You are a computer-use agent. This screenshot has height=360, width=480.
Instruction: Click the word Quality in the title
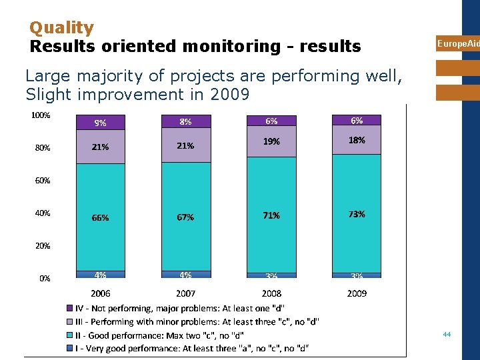coord(62,28)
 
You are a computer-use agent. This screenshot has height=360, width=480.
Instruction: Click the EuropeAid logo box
coord(457,43)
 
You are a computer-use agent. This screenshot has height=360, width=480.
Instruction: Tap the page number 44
coord(447,334)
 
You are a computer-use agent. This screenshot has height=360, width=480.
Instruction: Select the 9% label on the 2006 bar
coord(101,123)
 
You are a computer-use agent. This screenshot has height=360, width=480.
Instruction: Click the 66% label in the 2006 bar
coord(101,217)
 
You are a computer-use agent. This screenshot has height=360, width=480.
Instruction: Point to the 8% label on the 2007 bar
coord(185,121)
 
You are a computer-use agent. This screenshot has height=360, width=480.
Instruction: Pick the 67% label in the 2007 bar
coord(185,217)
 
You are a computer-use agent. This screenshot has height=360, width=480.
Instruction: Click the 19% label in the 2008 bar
coord(271,141)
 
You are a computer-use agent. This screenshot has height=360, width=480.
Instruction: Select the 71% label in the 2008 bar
coord(271,215)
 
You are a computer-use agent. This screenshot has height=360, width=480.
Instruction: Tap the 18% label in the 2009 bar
coord(357,141)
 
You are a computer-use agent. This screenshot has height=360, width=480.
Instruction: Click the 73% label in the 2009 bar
coord(357,214)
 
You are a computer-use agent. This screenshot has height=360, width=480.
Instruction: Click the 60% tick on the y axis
coord(42,181)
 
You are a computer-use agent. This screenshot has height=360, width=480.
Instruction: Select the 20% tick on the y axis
coord(42,246)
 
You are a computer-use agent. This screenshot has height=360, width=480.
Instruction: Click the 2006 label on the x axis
coord(101,293)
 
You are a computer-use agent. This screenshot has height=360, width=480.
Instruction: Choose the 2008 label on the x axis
coord(271,293)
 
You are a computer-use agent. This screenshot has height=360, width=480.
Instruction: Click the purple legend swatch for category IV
coord(69,308)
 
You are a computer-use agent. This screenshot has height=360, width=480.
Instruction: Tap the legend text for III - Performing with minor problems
coord(197,321)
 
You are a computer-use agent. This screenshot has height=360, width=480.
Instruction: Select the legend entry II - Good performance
coord(159,335)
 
